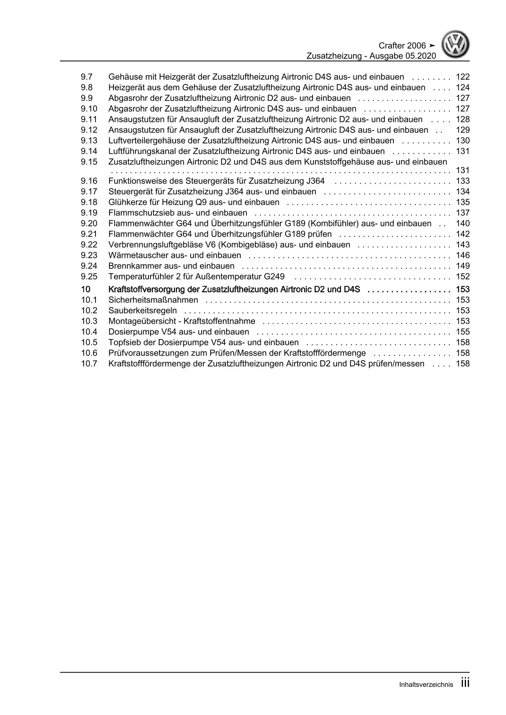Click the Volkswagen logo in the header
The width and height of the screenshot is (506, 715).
457,46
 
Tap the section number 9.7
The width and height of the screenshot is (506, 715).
87,77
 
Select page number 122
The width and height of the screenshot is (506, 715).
463,77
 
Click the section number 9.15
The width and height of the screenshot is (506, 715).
89,162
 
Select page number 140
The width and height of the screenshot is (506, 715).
463,224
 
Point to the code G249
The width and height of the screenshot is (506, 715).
274,277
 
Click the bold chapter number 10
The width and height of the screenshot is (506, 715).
85,290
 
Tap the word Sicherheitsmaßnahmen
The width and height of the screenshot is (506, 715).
153,300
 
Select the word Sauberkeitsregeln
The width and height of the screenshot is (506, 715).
142,311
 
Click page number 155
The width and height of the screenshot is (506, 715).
463,332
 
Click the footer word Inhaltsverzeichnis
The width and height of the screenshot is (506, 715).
426,685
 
